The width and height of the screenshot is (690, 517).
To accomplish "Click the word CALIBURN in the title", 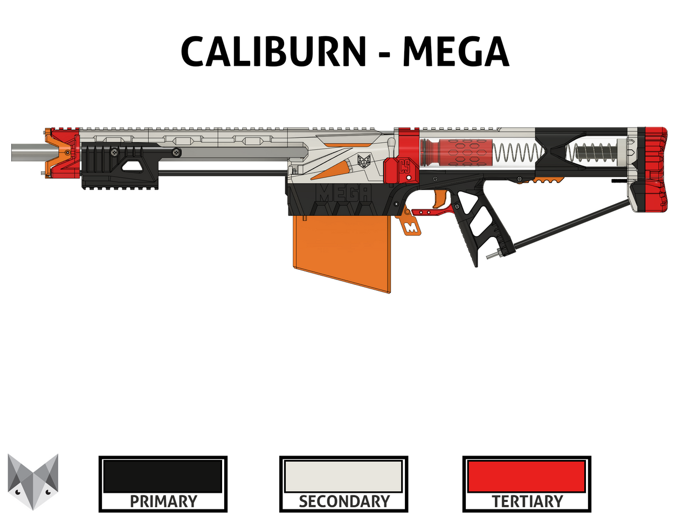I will [x=274, y=52].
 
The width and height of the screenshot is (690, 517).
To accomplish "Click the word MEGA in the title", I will [x=456, y=52].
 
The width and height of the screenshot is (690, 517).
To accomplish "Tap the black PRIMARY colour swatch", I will [x=163, y=476].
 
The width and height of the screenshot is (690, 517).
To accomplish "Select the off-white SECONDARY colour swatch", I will [x=343, y=476].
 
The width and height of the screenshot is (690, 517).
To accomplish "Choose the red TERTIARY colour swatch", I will [x=527, y=476].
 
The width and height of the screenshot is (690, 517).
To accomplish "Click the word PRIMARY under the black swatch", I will [x=163, y=502].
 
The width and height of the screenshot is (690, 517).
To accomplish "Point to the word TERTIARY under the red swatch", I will [x=527, y=502].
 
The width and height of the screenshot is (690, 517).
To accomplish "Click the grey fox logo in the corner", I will [x=33, y=481].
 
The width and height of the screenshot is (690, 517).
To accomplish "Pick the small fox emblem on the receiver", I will [x=364, y=161].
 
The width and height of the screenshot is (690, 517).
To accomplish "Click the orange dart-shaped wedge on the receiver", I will [x=332, y=169].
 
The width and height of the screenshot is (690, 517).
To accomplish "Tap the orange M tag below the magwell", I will [x=411, y=227].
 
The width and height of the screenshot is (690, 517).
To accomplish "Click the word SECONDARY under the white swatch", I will [x=344, y=502].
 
